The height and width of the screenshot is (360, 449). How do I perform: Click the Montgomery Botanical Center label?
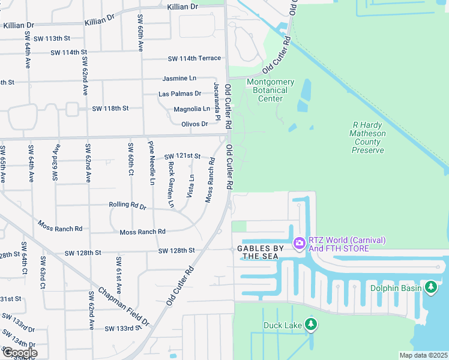coord(270,90)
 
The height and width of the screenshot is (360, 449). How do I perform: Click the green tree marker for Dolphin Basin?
coord(431,287)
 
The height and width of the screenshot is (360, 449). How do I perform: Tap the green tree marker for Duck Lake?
coord(310,325)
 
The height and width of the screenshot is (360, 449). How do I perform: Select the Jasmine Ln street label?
coord(179,79)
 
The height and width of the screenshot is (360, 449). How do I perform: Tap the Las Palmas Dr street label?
coord(179,94)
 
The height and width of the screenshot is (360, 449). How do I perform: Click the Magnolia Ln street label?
coord(191,109)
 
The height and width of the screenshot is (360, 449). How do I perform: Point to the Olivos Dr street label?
coord(194,124)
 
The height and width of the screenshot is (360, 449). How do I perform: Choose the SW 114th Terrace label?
coord(194,58)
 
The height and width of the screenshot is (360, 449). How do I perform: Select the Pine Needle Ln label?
coord(152,162)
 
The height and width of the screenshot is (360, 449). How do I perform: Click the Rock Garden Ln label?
coord(171,184)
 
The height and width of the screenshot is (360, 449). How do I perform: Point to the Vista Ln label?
coord(191,186)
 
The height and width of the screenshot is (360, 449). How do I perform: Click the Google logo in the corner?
coord(20,353)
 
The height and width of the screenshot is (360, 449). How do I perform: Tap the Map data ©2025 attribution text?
coord(423,355)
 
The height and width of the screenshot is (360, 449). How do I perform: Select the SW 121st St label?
coord(182,156)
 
